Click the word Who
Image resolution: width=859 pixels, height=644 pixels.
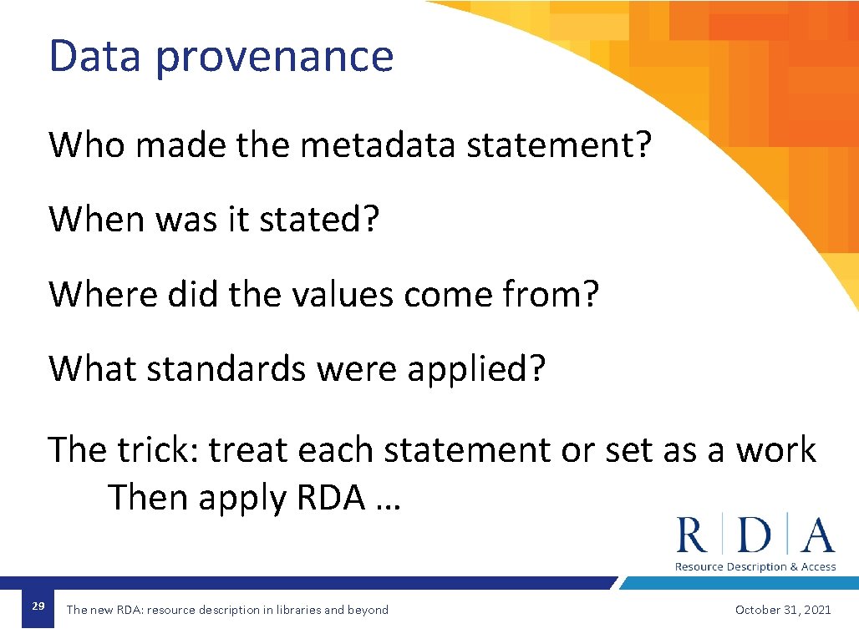tap(87, 145)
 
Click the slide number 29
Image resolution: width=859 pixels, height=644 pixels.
tap(38, 606)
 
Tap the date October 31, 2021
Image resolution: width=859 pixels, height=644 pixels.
tap(783, 610)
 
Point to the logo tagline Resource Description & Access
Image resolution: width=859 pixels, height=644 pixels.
tap(755, 566)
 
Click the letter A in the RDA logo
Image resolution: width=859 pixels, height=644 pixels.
tap(816, 535)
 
